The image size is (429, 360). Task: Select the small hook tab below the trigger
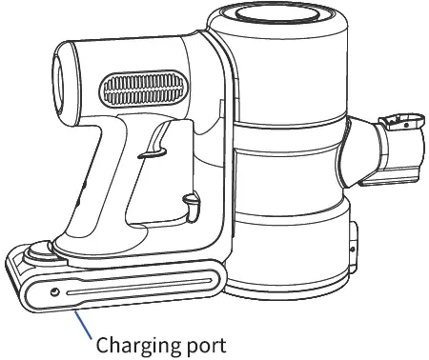point(192,203)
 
